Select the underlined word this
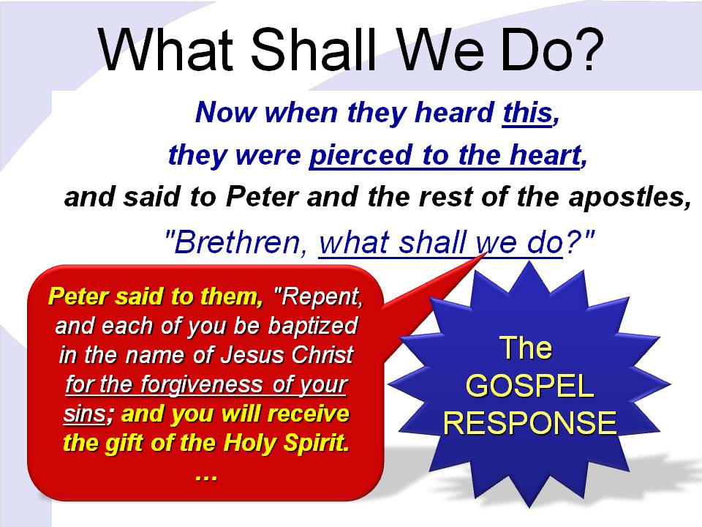tap(527, 112)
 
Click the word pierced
tap(361, 155)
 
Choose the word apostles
tap(626, 197)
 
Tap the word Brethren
tap(237, 242)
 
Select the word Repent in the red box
tap(320, 296)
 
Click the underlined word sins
tap(84, 414)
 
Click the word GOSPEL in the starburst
tap(530, 386)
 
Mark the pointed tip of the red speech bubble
tap(487, 253)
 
